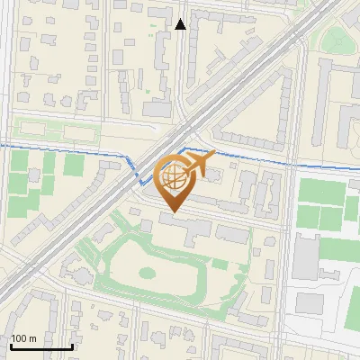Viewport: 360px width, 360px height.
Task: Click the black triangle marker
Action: click(180, 24)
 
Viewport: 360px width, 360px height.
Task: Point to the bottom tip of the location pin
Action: click(172, 212)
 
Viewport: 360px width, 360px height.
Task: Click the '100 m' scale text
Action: click(23, 338)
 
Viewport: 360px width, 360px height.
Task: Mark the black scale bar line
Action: click(40, 346)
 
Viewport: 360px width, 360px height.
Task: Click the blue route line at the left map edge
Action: click(3, 145)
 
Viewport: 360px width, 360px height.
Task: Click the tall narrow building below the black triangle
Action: click(168, 63)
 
